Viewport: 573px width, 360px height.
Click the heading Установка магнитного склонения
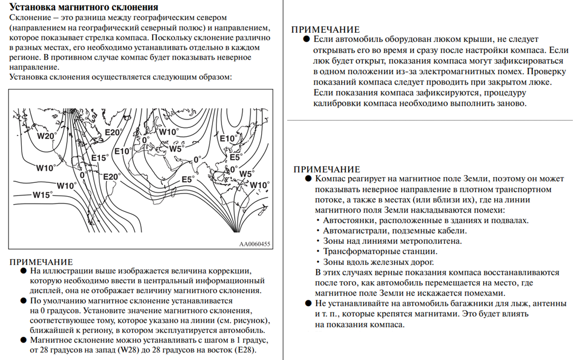pos(84,7)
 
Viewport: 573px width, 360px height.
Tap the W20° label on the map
pos(47,136)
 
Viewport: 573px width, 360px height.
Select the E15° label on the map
pos(99,158)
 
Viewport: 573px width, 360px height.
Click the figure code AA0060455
pos(255,244)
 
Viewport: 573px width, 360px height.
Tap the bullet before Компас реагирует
pos(308,179)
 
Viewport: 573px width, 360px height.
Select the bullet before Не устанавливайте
pos(308,303)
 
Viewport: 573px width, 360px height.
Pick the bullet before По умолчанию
pos(23,300)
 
